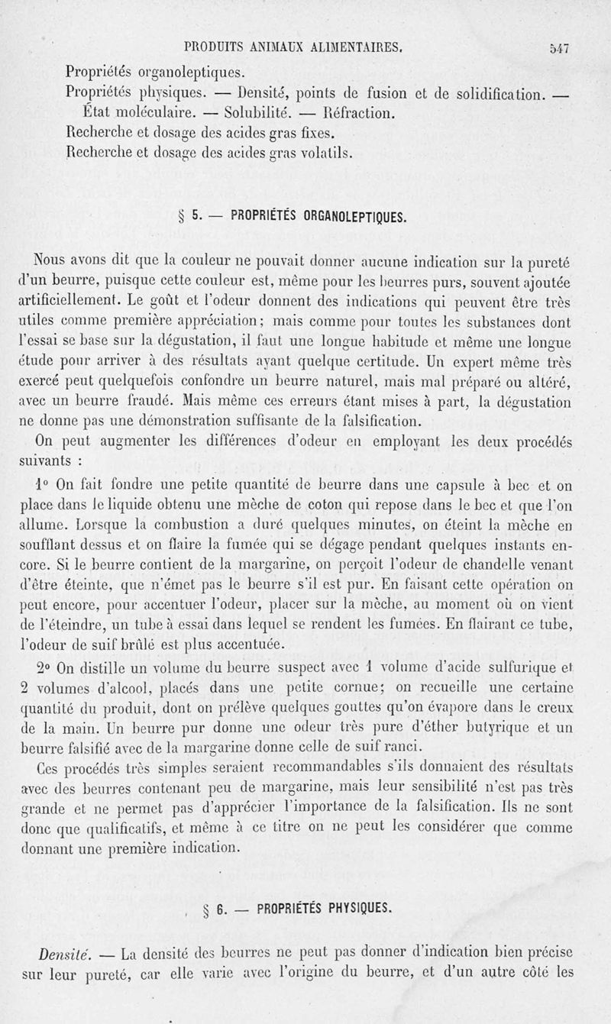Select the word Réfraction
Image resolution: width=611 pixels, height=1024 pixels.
(x=355, y=114)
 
